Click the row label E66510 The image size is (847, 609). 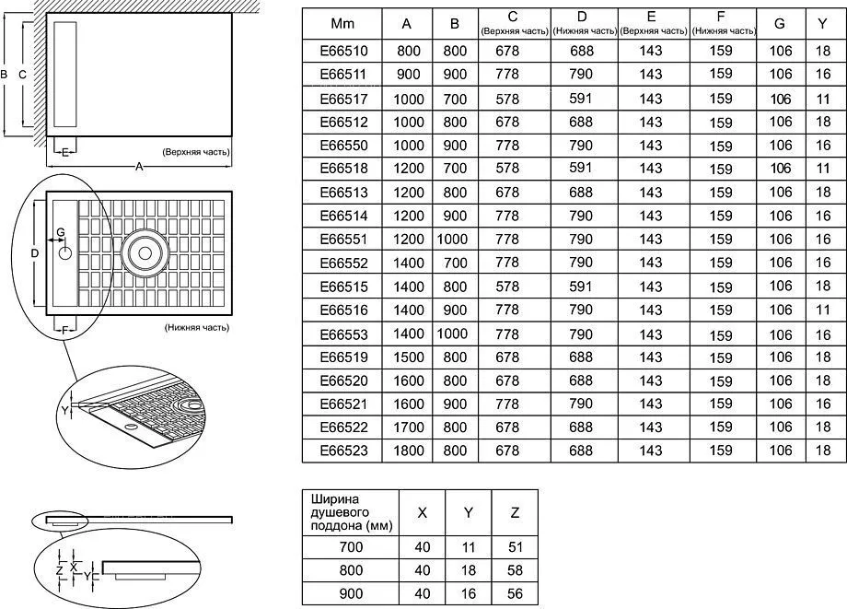(x=343, y=51)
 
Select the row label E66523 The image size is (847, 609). (x=343, y=451)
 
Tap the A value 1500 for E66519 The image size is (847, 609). (x=409, y=357)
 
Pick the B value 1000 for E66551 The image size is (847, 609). (x=452, y=239)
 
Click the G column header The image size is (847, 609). (x=780, y=24)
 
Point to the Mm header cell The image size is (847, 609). (x=342, y=24)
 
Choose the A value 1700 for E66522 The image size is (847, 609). (x=409, y=427)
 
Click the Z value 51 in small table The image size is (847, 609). (x=515, y=547)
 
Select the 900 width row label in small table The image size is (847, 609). (x=351, y=594)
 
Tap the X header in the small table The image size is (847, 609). (x=423, y=513)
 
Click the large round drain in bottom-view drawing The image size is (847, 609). (x=145, y=252)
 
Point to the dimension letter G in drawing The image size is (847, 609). (x=61, y=232)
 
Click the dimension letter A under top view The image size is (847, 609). (x=139, y=167)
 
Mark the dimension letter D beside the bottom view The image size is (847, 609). (x=35, y=252)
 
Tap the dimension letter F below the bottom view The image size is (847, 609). (x=64, y=330)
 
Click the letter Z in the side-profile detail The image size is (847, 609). (x=60, y=569)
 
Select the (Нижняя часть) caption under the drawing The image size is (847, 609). (x=197, y=327)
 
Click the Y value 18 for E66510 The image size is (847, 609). (x=823, y=51)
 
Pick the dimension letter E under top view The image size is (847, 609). (x=64, y=153)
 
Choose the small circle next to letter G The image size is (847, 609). (x=64, y=252)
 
